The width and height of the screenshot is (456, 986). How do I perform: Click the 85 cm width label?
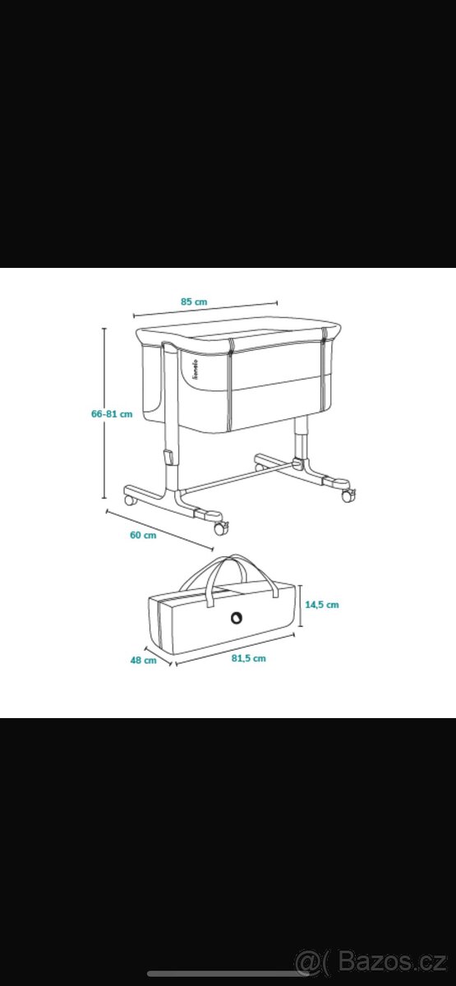[194, 302]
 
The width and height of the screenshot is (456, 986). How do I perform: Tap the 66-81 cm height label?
[112, 414]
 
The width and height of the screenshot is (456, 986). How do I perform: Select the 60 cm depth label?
[143, 535]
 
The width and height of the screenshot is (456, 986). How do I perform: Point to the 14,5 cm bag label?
[322, 605]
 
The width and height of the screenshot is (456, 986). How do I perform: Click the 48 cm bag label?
[144, 661]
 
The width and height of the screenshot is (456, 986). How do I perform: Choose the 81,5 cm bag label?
[249, 658]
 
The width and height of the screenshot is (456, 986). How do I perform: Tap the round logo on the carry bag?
[237, 618]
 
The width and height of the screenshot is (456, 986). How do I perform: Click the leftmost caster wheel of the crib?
[130, 500]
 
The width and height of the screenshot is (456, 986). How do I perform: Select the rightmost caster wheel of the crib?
[348, 495]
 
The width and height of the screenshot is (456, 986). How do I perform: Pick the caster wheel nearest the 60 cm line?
[220, 528]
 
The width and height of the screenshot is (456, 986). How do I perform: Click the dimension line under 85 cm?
[205, 309]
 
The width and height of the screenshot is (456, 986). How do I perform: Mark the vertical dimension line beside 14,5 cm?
[301, 606]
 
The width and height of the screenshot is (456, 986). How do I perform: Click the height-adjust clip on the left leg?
[168, 457]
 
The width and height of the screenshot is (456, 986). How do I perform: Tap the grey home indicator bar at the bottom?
[228, 974]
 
